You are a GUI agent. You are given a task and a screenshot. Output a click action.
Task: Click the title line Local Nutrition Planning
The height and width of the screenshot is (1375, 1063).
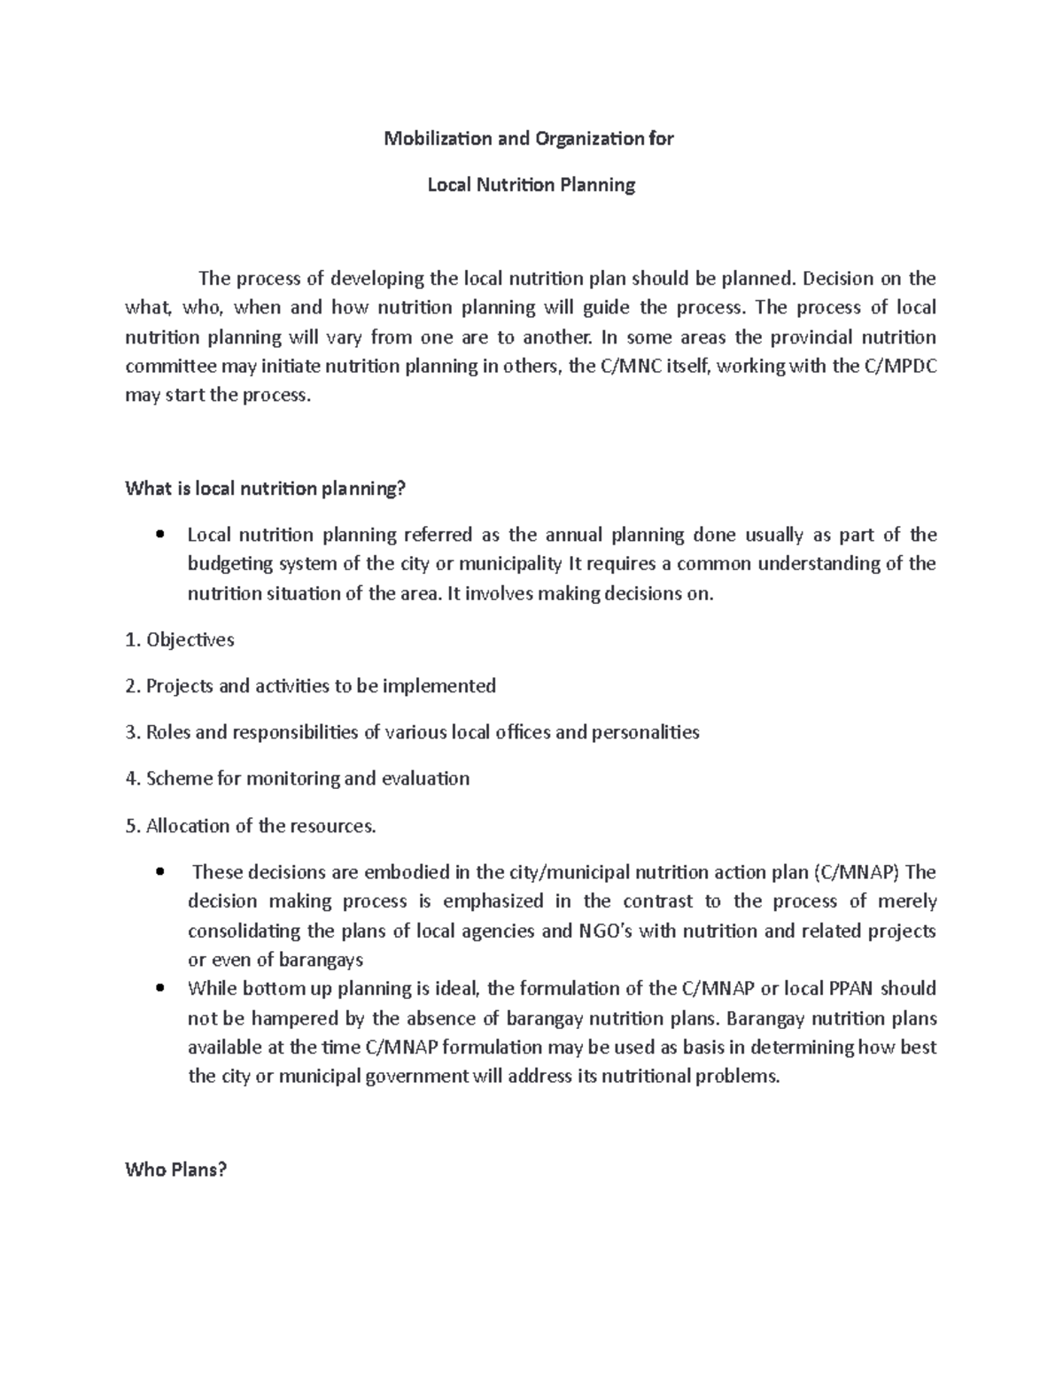pyautogui.click(x=531, y=185)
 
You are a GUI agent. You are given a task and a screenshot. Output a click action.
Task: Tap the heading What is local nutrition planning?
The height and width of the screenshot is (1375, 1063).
pyautogui.click(x=265, y=488)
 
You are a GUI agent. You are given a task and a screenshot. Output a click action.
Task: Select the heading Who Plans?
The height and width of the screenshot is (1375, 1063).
pyautogui.click(x=176, y=1170)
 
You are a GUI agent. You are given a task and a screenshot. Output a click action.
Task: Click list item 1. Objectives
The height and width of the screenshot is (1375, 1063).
pyautogui.click(x=180, y=639)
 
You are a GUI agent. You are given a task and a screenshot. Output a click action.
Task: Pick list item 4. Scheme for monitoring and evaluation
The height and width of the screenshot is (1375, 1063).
pyautogui.click(x=298, y=778)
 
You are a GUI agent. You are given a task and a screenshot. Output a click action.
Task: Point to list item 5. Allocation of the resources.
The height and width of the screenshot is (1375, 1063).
pyautogui.click(x=251, y=826)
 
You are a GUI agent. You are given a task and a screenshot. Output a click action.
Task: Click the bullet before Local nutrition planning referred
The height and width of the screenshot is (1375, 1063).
pyautogui.click(x=159, y=535)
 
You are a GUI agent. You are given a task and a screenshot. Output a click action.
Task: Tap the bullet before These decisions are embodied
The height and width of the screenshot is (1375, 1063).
pyautogui.click(x=159, y=872)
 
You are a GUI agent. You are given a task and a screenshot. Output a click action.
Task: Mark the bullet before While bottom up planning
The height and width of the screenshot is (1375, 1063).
pyautogui.click(x=159, y=988)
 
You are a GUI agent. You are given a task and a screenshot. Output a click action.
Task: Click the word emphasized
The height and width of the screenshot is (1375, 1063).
pyautogui.click(x=493, y=901)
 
